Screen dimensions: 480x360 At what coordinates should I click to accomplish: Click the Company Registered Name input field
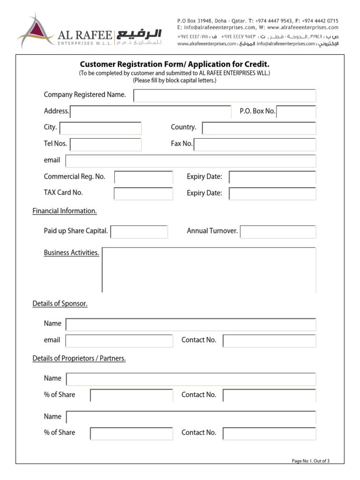[225, 96]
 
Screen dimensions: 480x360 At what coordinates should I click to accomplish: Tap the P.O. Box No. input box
[296, 112]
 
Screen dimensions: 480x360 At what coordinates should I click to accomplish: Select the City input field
[100, 128]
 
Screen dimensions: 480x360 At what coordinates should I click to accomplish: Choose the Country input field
[259, 128]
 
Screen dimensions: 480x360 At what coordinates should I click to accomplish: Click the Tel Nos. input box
[105, 144]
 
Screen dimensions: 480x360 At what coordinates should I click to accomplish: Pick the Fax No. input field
[255, 144]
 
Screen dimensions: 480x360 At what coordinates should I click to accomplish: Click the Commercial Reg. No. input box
[143, 177]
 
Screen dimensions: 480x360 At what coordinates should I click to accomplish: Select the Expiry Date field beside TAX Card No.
[272, 194]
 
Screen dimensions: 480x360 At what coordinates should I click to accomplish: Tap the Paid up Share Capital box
[139, 232]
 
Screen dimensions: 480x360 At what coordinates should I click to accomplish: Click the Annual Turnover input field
[277, 232]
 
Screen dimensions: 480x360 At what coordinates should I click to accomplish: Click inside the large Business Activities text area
[209, 270]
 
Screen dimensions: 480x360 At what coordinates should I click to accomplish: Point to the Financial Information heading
[65, 211]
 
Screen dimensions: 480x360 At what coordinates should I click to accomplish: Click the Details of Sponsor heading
[60, 304]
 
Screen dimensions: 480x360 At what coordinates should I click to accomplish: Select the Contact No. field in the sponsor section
[269, 341]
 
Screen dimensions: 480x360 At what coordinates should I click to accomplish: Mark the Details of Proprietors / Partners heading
[79, 359]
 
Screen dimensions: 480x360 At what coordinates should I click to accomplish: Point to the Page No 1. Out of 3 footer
[310, 461]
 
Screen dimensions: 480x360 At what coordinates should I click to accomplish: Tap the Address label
[56, 111]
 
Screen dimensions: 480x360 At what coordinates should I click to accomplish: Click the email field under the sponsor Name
[119, 341]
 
